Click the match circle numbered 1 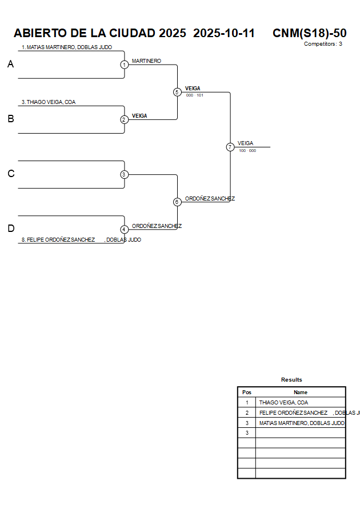click(124, 65)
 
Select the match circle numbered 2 click(124, 119)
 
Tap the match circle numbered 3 click(124, 174)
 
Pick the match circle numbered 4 click(124, 229)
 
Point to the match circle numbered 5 click(177, 92)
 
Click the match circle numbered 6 click(177, 202)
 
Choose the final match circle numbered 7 click(230, 147)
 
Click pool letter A click(10, 65)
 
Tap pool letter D click(10, 229)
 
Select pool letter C click(10, 174)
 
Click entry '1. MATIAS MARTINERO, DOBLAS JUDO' click(67, 47)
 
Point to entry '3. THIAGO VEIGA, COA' click(49, 102)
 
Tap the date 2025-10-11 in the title click(224, 33)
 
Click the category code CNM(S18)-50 click(309, 33)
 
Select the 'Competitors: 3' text click(323, 44)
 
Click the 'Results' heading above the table click(291, 380)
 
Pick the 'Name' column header click(301, 392)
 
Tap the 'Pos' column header click(247, 392)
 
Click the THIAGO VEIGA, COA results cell click(283, 402)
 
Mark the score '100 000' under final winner click(247, 151)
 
